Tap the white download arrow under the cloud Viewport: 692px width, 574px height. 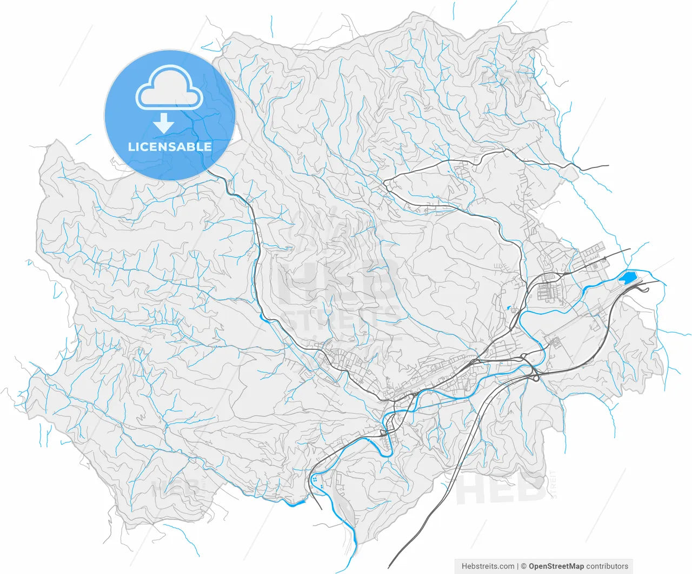163,124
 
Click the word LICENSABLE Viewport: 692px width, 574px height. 170,147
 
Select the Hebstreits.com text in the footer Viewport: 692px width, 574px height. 488,566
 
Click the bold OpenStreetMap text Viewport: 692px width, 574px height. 556,566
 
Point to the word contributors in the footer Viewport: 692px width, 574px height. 607,566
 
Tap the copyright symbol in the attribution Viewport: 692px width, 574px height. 523,566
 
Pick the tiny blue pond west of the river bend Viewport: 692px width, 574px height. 509,309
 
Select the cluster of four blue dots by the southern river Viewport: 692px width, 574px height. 314,479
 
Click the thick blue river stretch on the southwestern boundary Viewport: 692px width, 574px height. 296,504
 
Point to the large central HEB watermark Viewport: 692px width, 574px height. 338,281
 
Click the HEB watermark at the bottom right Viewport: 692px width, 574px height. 500,489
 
